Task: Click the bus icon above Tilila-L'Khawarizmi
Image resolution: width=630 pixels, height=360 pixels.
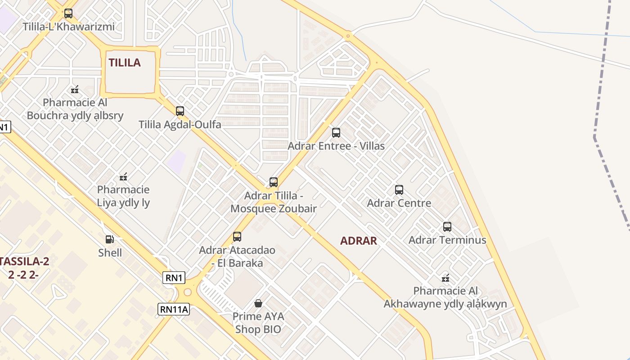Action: tap(68, 13)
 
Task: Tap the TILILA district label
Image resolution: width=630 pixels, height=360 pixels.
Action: tap(125, 63)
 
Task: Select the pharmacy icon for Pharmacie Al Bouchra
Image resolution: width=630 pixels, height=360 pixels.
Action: tap(75, 90)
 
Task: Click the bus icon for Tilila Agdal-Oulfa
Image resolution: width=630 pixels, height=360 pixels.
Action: tap(180, 111)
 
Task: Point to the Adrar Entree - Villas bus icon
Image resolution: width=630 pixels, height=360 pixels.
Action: tap(336, 132)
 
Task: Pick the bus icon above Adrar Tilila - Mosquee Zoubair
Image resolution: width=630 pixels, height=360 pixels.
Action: tap(274, 182)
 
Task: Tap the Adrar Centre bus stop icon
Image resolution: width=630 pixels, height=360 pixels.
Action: tap(399, 190)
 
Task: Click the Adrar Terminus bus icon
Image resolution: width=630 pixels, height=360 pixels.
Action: tap(447, 226)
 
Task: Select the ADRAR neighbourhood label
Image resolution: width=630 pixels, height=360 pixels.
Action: tap(359, 241)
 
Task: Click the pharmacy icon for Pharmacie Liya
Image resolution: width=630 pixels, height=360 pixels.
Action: tap(123, 176)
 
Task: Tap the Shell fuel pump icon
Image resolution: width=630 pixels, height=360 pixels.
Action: tap(109, 239)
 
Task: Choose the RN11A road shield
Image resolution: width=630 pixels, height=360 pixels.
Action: tap(174, 309)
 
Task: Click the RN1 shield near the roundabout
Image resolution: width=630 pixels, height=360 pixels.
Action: tap(174, 278)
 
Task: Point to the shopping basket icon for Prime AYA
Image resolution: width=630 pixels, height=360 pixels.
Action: tap(258, 303)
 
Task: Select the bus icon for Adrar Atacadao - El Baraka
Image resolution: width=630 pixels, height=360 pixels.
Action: tap(237, 236)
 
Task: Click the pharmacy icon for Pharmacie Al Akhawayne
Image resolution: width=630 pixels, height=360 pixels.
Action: tap(445, 278)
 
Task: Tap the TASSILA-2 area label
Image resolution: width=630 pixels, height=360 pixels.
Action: tap(25, 261)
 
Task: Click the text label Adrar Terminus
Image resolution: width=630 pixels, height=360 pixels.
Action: tap(447, 240)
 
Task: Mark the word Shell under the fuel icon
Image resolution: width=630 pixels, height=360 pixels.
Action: tap(110, 252)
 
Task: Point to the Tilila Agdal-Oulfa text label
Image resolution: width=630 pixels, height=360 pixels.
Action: tap(180, 124)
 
